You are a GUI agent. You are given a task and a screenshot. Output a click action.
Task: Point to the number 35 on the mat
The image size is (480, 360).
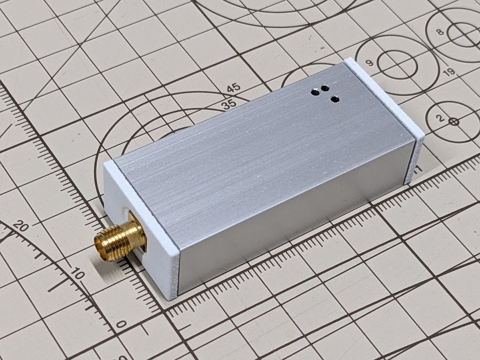pyautogui.click(x=229, y=105)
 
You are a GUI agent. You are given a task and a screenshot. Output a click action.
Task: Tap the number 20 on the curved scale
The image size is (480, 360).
pyautogui.click(x=21, y=227)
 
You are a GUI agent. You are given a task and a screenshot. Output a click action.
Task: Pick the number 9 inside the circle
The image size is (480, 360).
pyautogui.click(x=369, y=63)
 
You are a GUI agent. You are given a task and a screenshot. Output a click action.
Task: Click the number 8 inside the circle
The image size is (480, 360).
pyautogui.click(x=439, y=32)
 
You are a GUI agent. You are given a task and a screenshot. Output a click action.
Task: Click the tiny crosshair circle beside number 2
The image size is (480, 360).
pyautogui.click(x=453, y=121)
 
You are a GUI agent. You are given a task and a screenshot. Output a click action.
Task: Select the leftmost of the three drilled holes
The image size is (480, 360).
pyautogui.click(x=316, y=92)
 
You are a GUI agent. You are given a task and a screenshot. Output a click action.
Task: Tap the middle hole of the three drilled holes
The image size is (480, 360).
pyautogui.click(x=325, y=88)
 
